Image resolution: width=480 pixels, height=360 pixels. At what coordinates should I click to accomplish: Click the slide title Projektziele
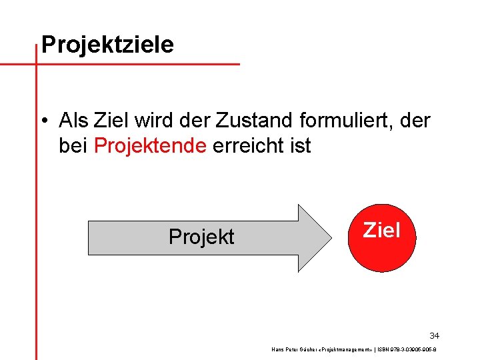click(107, 45)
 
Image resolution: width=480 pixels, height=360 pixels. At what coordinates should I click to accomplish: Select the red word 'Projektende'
click(151, 146)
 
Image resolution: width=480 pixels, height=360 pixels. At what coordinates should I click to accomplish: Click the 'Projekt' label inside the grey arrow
click(201, 237)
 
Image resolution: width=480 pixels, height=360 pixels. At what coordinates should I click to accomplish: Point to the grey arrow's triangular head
click(313, 237)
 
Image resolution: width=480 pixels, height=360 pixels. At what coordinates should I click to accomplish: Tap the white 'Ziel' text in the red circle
click(381, 231)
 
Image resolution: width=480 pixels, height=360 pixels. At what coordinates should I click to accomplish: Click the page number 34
click(434, 335)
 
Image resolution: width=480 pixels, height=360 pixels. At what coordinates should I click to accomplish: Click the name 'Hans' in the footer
click(278, 349)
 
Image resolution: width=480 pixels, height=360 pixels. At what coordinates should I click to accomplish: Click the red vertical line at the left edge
click(36, 200)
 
